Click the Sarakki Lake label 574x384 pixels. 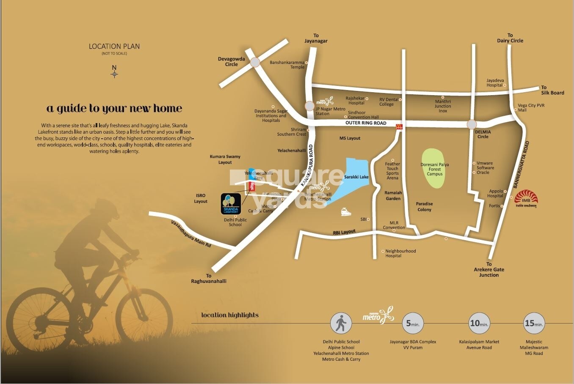[x=356, y=177]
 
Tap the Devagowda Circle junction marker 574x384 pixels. [x=255, y=62]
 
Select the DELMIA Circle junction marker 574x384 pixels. [x=472, y=124]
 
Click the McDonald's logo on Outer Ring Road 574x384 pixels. [x=398, y=126]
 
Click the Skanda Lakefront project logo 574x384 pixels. [x=231, y=203]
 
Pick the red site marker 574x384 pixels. [x=252, y=186]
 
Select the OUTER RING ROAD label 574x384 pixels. [x=366, y=123]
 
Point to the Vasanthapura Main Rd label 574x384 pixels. [x=190, y=234]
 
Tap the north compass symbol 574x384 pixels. [x=114, y=74]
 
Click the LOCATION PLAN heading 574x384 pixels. [x=114, y=47]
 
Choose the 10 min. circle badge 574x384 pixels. [x=479, y=324]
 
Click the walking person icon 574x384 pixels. [x=341, y=324]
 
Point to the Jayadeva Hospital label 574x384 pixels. [x=495, y=82]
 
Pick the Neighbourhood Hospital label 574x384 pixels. [x=400, y=253]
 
